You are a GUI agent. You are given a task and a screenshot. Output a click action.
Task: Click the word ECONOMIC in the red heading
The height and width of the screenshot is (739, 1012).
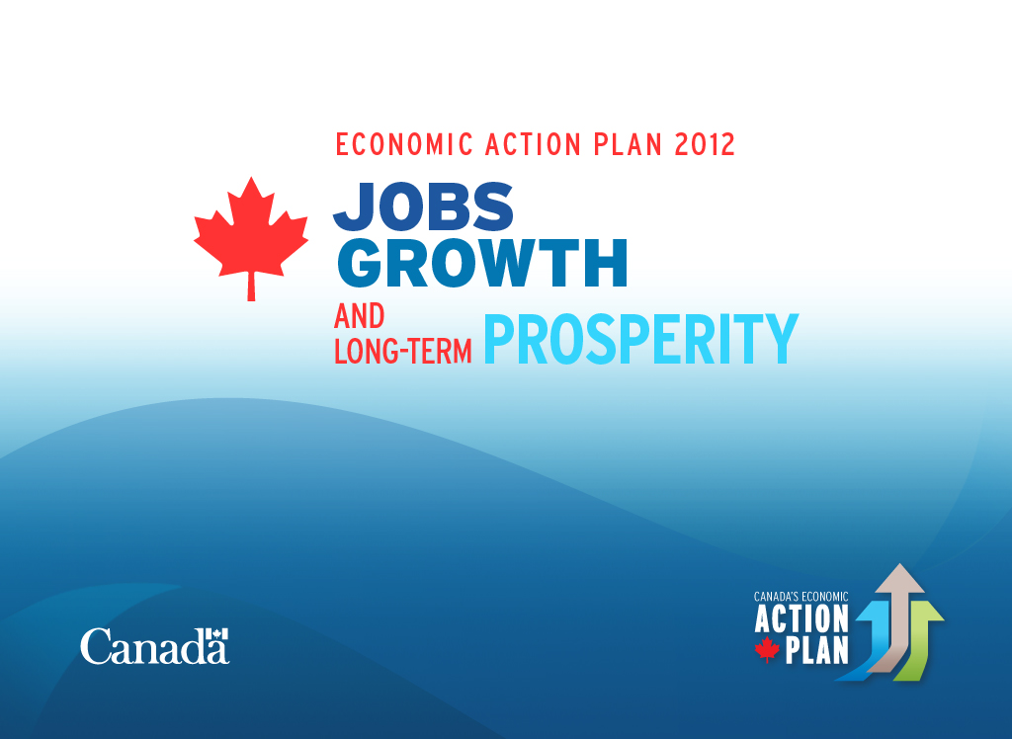click(x=404, y=144)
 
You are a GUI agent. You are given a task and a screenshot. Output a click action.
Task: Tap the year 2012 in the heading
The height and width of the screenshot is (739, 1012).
click(x=705, y=144)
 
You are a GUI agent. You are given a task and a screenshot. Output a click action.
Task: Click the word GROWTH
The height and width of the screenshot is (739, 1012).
click(x=482, y=263)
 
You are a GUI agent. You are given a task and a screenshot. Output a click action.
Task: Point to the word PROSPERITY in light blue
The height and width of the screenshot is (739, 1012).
click(x=640, y=339)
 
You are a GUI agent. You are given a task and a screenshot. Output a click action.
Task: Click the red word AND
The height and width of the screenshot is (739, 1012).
click(x=360, y=316)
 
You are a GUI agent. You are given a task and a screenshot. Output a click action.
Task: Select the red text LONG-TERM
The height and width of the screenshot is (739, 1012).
click(x=403, y=352)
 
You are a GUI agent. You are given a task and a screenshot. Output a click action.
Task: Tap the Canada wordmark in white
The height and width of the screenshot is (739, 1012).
click(x=154, y=646)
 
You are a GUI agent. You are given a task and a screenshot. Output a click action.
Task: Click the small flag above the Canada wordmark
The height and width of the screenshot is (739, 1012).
click(x=217, y=633)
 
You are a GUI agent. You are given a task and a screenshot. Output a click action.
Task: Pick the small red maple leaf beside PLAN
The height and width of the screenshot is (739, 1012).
click(x=767, y=649)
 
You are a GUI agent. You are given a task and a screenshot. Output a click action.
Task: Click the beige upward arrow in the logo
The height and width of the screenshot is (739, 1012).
click(x=897, y=614)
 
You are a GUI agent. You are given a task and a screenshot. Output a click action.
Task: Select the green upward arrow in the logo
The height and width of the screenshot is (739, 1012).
click(x=918, y=639)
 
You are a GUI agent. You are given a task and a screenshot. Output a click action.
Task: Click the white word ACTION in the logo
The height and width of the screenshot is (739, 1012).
click(x=801, y=618)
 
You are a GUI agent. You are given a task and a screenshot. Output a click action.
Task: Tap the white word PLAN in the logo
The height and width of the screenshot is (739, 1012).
click(x=816, y=651)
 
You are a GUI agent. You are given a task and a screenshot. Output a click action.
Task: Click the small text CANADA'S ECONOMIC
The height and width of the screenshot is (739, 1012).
click(x=801, y=597)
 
